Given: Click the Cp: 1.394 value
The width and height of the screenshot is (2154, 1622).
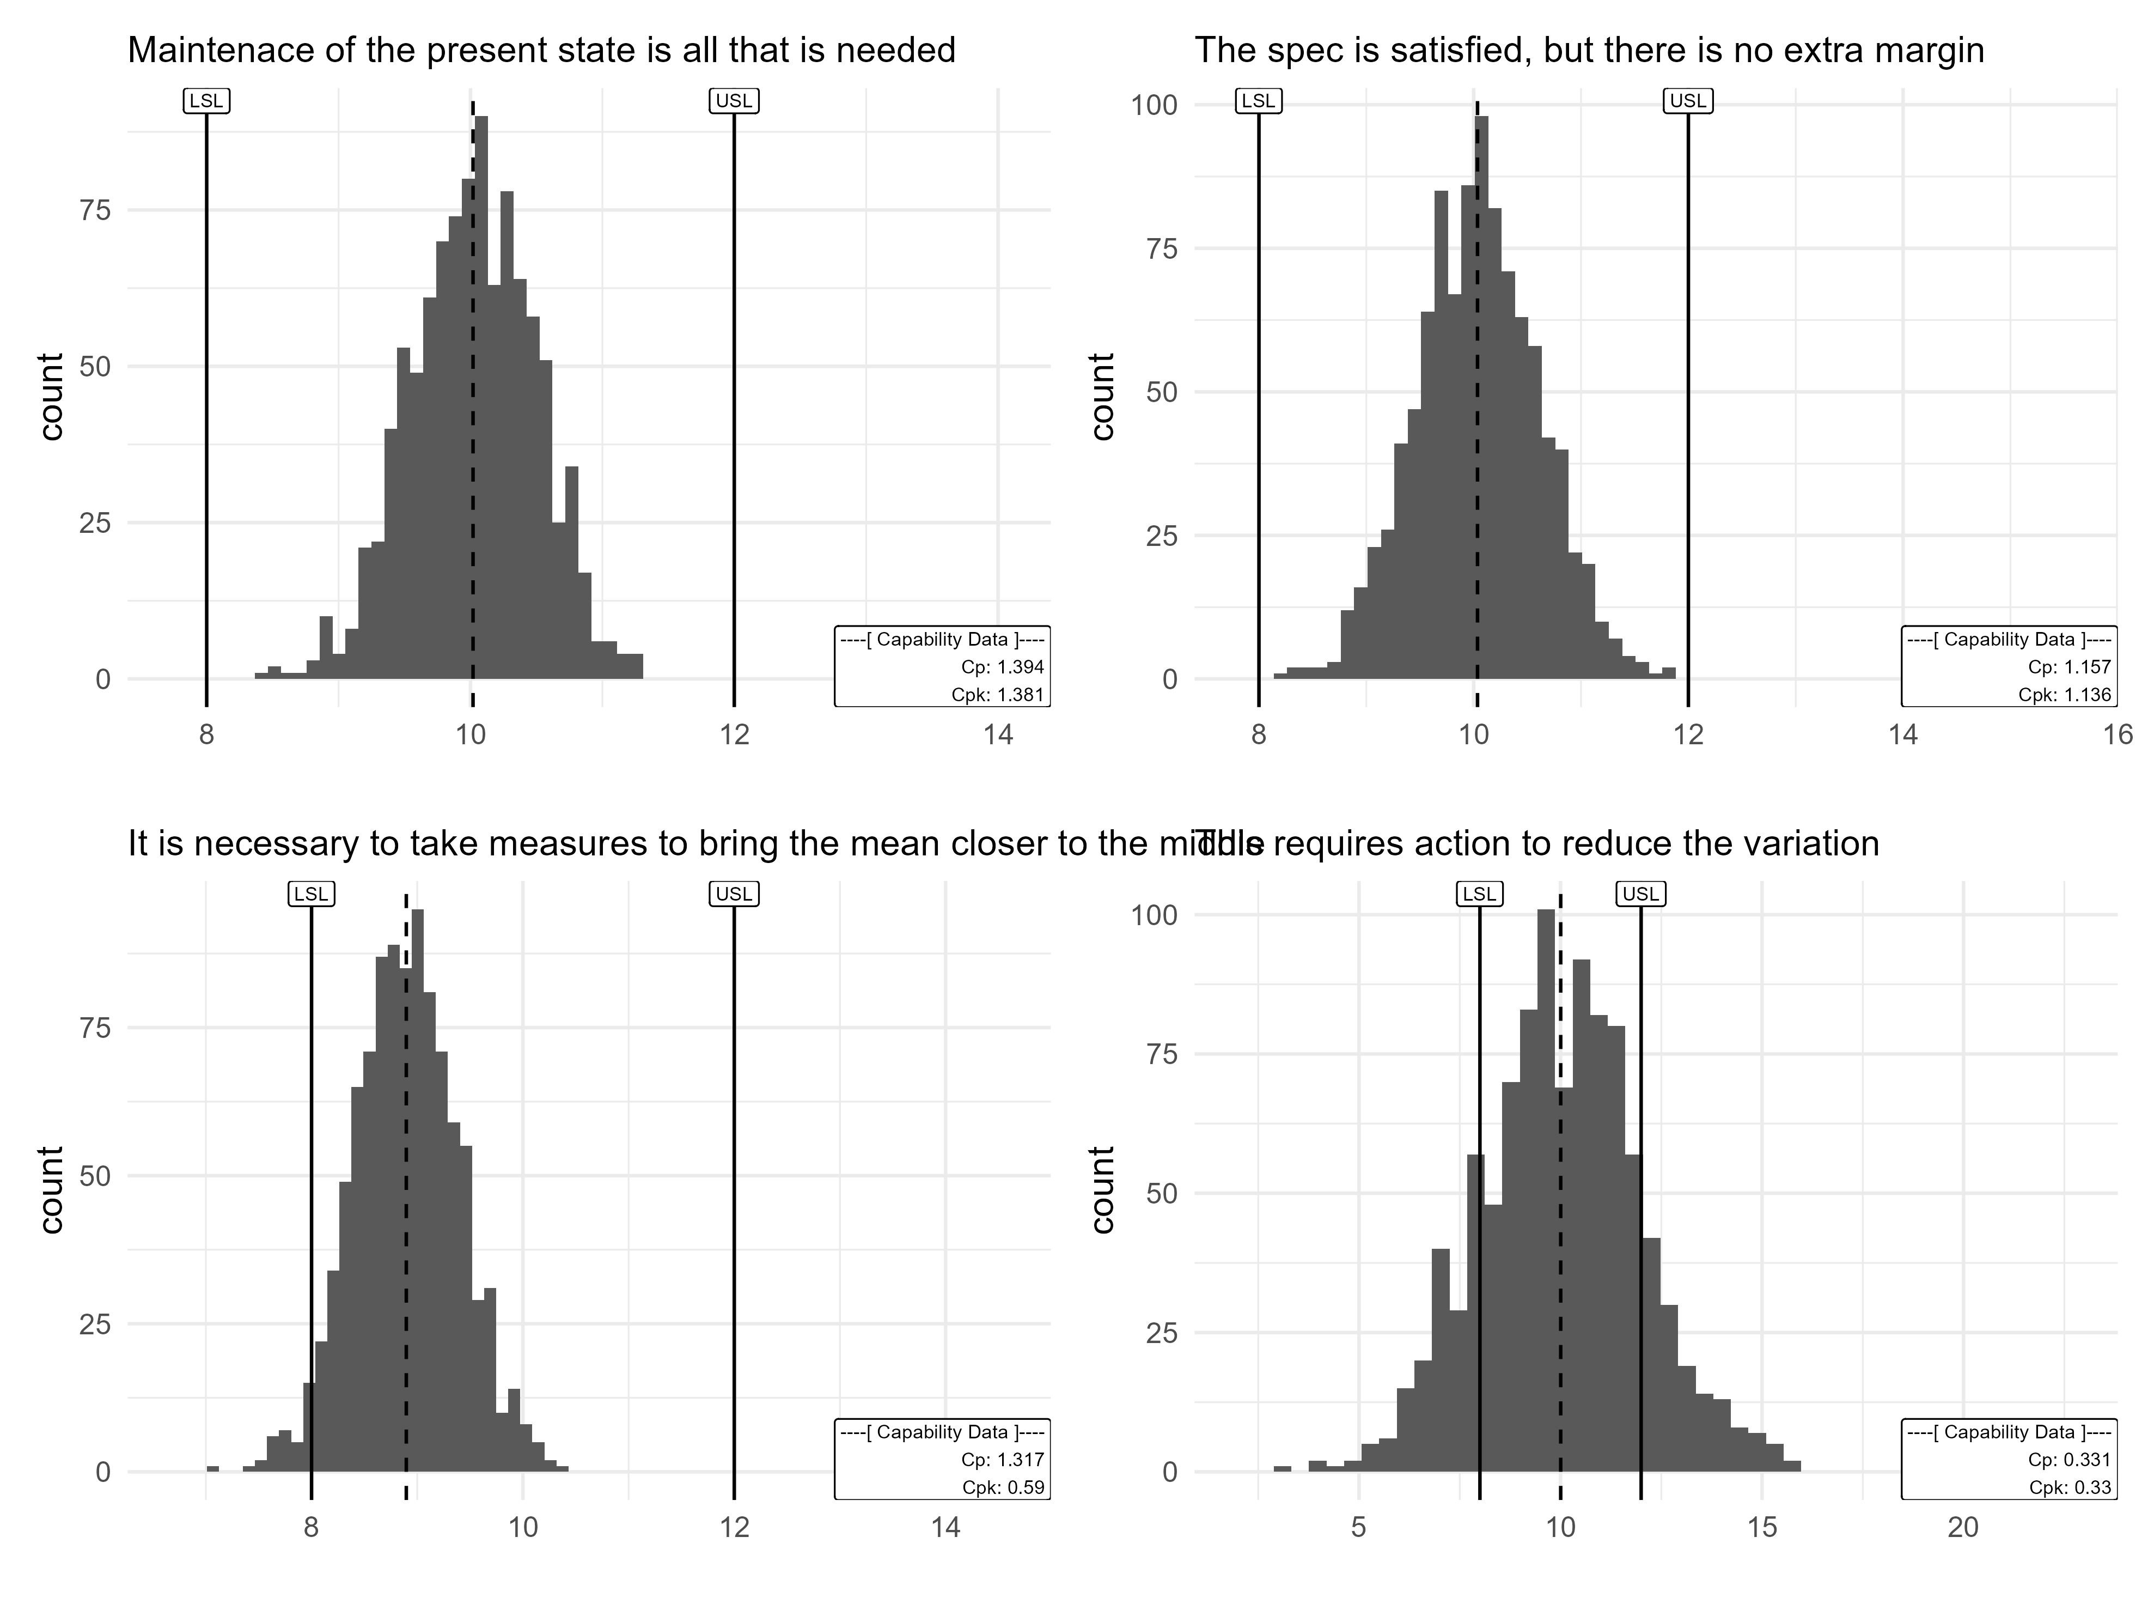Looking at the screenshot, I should tap(1001, 667).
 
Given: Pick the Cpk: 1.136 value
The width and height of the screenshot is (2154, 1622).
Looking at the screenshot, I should tap(2065, 695).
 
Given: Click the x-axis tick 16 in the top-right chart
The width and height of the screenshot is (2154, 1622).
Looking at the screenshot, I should tap(2118, 734).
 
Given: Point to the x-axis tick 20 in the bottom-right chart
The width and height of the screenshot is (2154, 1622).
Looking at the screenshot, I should tap(1963, 1528).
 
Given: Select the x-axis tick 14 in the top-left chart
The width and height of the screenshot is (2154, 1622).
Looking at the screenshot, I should tap(998, 734).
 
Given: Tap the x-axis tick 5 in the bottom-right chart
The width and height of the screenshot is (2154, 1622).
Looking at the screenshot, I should tap(1358, 1528).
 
